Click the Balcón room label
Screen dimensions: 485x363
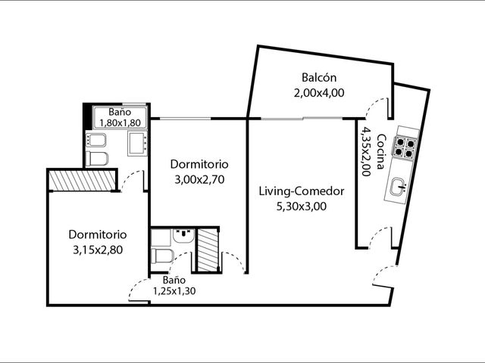click(x=319, y=77)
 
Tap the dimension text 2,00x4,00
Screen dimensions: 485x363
click(x=319, y=92)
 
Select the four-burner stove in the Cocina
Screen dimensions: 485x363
click(x=405, y=147)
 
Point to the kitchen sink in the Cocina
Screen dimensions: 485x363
click(x=398, y=187)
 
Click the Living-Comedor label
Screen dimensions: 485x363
click(x=302, y=191)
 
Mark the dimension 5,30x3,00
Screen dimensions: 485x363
click(x=302, y=206)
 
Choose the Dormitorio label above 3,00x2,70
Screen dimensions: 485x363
click(x=199, y=164)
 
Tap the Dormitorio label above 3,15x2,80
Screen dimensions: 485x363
click(x=98, y=234)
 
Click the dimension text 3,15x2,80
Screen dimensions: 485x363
click(x=98, y=250)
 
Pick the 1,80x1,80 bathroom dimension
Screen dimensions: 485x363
click(x=120, y=123)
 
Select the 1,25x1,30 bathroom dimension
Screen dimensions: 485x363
click(x=174, y=291)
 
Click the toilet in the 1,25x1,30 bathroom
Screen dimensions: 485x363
click(x=161, y=256)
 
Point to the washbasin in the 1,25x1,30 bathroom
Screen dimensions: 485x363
click(x=183, y=236)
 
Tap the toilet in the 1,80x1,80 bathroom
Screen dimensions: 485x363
click(x=96, y=159)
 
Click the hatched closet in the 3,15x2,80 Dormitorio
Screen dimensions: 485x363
click(x=83, y=181)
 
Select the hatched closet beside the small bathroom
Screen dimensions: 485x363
click(x=208, y=250)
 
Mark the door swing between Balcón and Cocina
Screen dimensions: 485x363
click(x=377, y=107)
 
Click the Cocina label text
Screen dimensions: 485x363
click(x=381, y=151)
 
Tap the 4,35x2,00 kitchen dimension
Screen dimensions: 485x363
click(x=366, y=151)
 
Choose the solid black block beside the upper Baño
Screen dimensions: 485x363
click(x=88, y=116)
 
